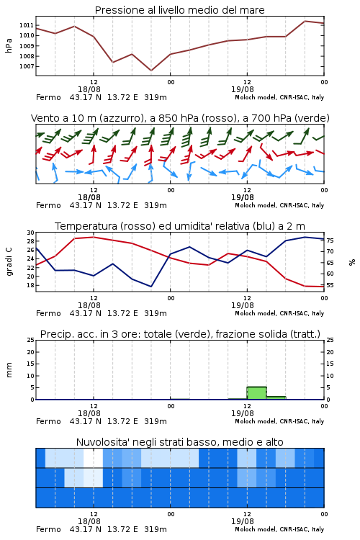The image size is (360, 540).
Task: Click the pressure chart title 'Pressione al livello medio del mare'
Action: (179, 10)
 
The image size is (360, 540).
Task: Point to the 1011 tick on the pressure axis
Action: (27, 25)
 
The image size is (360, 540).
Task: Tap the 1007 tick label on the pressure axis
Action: (27, 66)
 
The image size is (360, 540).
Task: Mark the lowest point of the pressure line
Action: (151, 71)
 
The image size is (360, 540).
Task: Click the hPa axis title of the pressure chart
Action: (9, 45)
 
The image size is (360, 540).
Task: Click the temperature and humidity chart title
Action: (180, 226)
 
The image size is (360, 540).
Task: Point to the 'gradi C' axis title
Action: (9, 262)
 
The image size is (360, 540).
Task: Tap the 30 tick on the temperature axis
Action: (31, 233)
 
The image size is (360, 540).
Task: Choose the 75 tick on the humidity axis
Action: (330, 240)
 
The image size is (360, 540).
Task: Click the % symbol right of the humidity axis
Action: (352, 262)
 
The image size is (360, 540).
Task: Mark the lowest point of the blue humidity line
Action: (151, 287)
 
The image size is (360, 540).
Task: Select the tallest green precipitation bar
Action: (256, 393)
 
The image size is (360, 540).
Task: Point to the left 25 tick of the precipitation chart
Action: (31, 340)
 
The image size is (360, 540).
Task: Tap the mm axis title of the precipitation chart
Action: (9, 370)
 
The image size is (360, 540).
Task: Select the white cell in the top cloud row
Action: (94, 458)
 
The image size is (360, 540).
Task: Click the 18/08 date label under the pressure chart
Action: (89, 89)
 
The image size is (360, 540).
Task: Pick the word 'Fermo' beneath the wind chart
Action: (48, 205)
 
